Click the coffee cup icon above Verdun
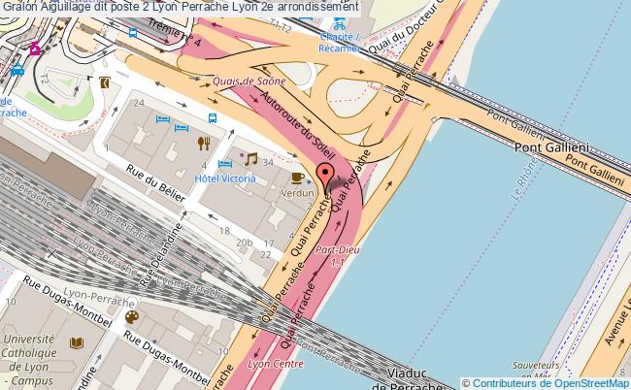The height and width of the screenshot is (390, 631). [x=296, y=178]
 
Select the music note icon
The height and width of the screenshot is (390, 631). [x=250, y=158]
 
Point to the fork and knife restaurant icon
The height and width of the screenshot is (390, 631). [x=203, y=143]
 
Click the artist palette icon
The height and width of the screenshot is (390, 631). [x=132, y=316]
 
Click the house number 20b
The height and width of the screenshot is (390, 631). [x=244, y=243]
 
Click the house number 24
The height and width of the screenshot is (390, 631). [x=139, y=102]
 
